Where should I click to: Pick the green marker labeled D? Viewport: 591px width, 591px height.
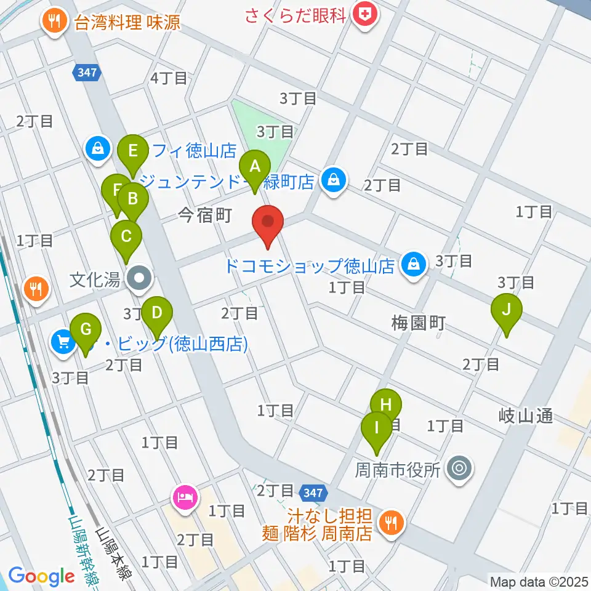point(157,313)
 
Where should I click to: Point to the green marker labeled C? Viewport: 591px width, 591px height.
point(126,236)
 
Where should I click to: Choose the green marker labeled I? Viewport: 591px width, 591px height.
point(376,427)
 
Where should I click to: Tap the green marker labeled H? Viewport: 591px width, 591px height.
point(386,405)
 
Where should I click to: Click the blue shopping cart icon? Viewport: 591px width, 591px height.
point(64,341)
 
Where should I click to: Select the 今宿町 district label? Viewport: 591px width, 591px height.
point(204,215)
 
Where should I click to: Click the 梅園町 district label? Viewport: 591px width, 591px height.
point(419,323)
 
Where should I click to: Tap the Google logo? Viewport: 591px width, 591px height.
point(41,576)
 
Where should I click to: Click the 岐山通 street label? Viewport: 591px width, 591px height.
point(527,417)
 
